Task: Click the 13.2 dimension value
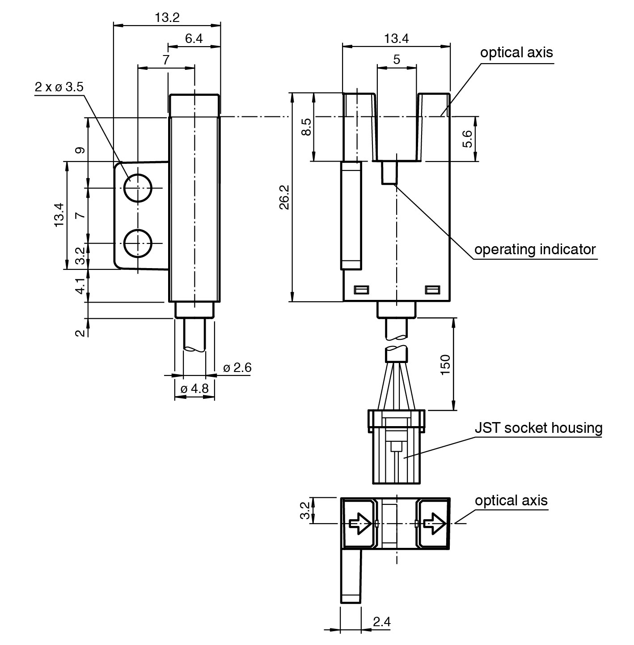click(167, 17)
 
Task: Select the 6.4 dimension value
click(194, 38)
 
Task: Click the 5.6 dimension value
click(467, 139)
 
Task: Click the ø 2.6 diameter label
click(237, 368)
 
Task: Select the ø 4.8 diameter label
click(194, 389)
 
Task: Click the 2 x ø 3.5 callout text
click(59, 87)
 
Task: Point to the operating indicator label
click(535, 249)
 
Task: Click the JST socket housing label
click(538, 428)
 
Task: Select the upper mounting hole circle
click(138, 188)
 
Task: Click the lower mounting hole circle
click(138, 243)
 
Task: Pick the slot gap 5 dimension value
click(397, 60)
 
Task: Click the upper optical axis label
click(516, 52)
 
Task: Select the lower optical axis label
click(511, 500)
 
